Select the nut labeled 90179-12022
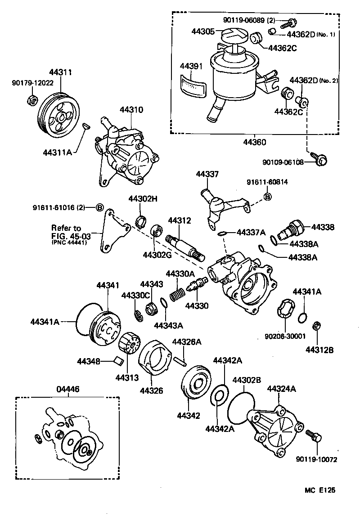click(32, 100)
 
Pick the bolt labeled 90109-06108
click(322, 159)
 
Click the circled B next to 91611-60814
click(267, 197)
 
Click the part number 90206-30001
click(285, 336)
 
